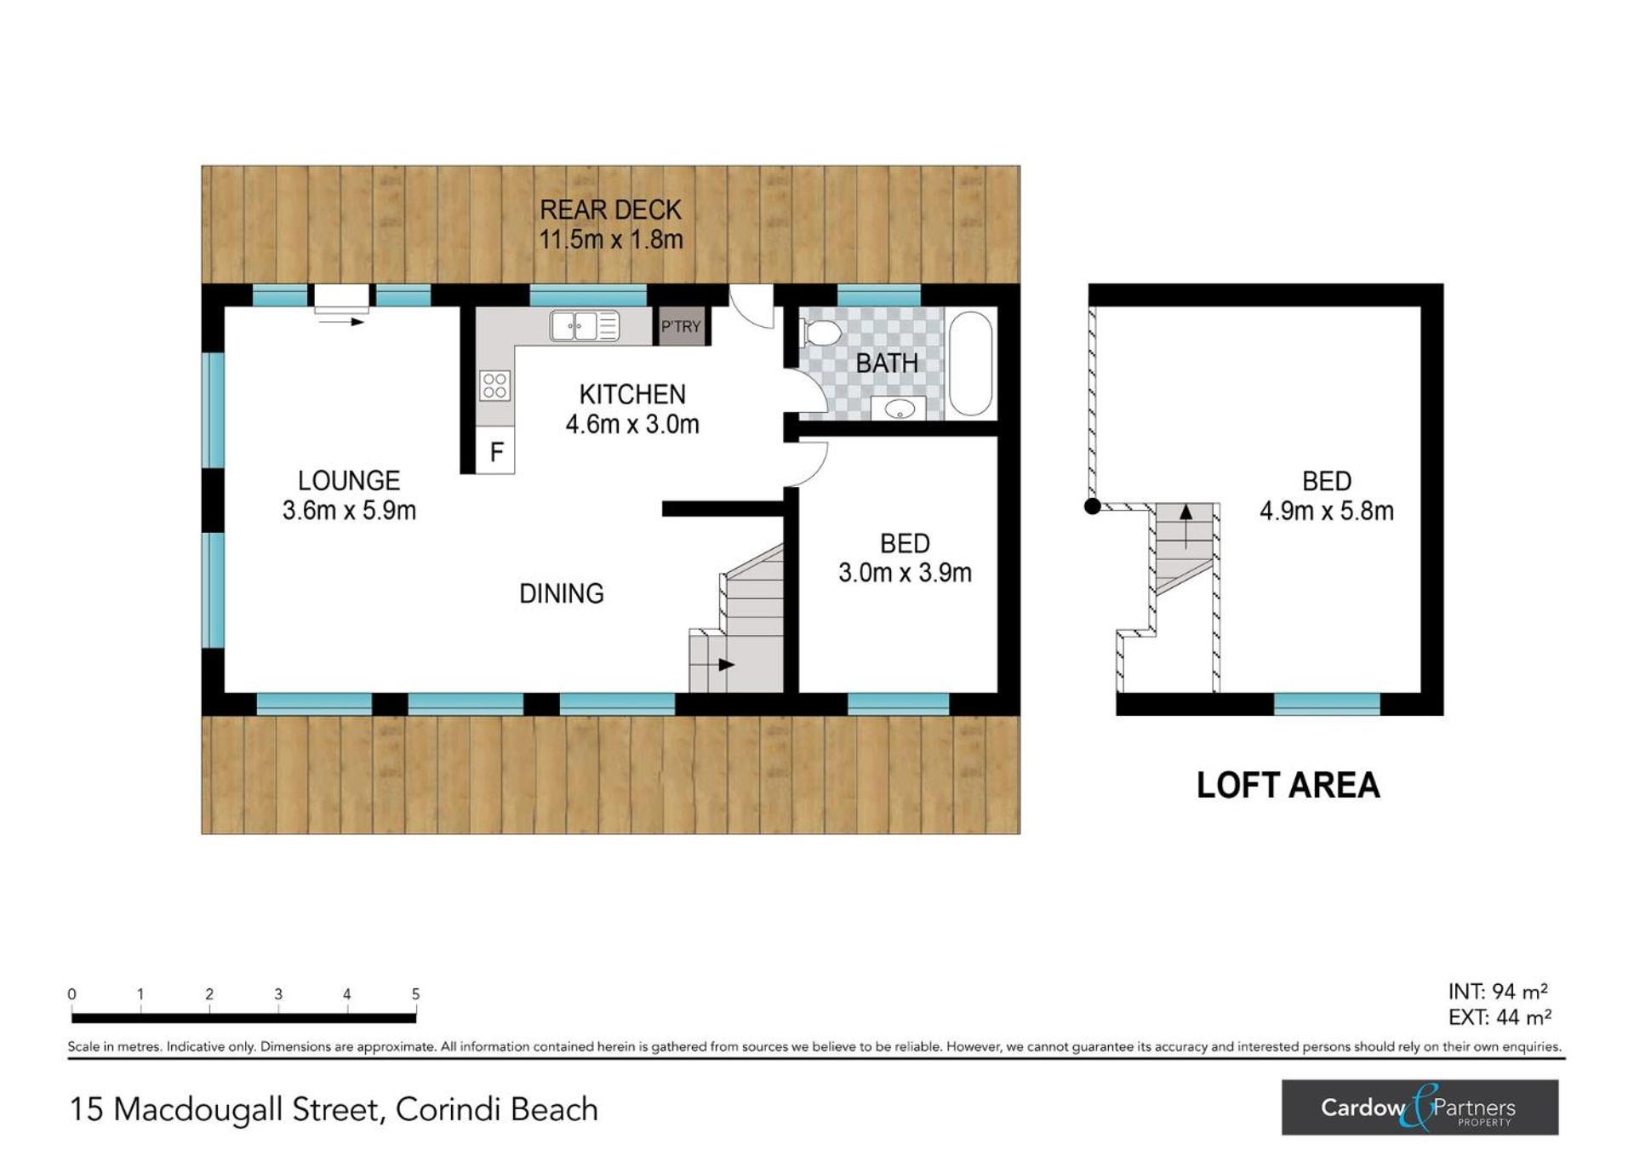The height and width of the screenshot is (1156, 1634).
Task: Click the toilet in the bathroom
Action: point(821,332)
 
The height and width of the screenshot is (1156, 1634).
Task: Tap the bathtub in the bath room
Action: point(970,363)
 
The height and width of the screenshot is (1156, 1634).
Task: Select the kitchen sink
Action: point(584,326)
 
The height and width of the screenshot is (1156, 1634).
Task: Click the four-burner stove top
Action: point(494,386)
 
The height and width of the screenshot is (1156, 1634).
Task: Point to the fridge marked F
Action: point(495,450)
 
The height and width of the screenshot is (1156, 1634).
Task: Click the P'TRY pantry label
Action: point(681,326)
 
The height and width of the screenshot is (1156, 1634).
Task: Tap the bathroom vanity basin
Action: point(900,409)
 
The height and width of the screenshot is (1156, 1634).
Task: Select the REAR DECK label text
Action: point(610,210)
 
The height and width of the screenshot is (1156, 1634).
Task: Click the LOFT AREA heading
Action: point(1288,785)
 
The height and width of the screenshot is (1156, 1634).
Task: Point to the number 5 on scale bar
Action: point(415,993)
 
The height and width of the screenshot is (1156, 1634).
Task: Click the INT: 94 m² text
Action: point(1498,992)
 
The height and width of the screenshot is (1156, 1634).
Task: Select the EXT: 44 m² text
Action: point(1500,1017)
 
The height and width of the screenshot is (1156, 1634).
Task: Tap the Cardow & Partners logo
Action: point(1420,1107)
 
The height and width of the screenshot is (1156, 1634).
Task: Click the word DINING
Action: point(562,593)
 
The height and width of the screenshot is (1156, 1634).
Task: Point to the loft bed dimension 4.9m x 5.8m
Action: point(1327,511)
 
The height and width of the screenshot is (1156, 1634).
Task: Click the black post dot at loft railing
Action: point(1093,506)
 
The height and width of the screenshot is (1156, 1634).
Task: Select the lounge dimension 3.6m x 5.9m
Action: point(349,511)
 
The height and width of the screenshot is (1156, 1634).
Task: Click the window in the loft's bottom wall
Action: point(1327,704)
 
